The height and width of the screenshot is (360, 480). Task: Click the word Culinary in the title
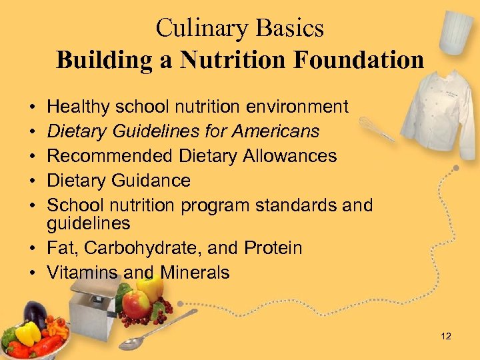coord(198,28)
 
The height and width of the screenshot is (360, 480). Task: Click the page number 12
coord(446,337)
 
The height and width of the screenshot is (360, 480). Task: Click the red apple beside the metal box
coord(137,305)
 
